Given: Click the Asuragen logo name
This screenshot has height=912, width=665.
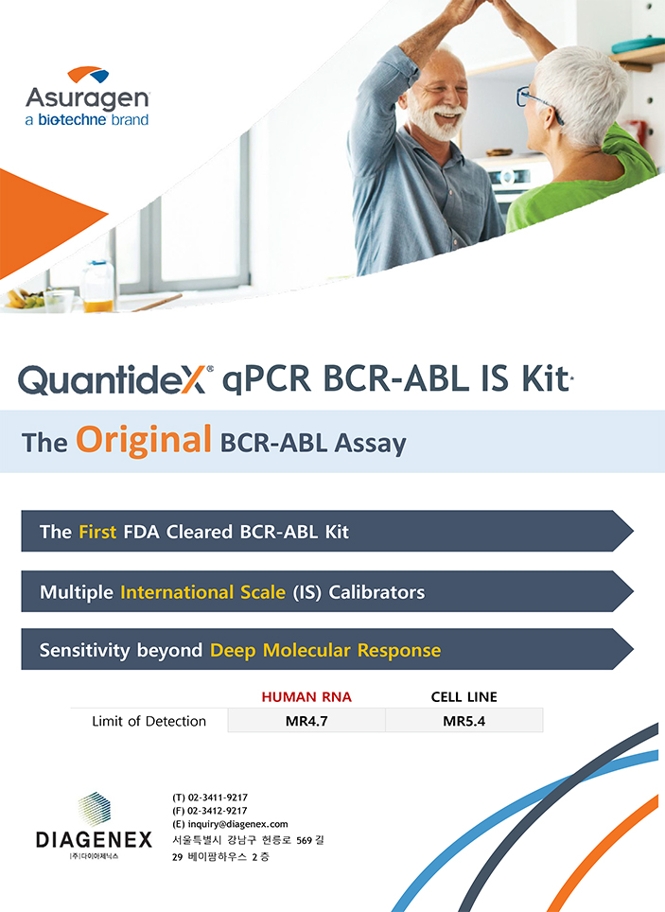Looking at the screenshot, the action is point(87,97).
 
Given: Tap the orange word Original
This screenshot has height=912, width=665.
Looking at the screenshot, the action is point(143,439).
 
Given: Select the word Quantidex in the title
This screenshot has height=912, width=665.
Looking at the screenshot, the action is point(112,379).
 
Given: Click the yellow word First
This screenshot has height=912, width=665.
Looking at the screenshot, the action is point(97,532).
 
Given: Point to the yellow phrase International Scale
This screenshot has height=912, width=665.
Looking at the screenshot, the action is point(202,592).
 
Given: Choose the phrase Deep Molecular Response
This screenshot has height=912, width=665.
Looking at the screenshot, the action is point(325,650).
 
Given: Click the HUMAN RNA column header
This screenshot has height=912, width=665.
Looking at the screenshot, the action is point(306,697).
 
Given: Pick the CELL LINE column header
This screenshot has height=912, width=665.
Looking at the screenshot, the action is point(464,697).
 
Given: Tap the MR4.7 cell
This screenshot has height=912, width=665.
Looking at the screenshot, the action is point(306,721).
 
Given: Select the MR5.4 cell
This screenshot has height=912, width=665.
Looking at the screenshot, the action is point(464,721).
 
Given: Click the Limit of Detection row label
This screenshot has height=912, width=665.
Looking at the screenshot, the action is point(149,721).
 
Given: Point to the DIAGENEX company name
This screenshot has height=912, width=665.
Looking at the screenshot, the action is point(94,840).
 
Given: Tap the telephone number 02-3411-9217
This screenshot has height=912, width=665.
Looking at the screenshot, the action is point(217,798).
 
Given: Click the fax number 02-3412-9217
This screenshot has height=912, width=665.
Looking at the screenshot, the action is point(217,811).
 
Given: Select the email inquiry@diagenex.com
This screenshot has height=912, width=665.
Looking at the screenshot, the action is point(237,824).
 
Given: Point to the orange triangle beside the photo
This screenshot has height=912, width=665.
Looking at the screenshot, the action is point(46,222).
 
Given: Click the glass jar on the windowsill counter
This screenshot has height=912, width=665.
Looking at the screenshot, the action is point(97,286).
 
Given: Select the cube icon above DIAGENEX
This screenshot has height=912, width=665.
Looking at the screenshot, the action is point(95,809).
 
